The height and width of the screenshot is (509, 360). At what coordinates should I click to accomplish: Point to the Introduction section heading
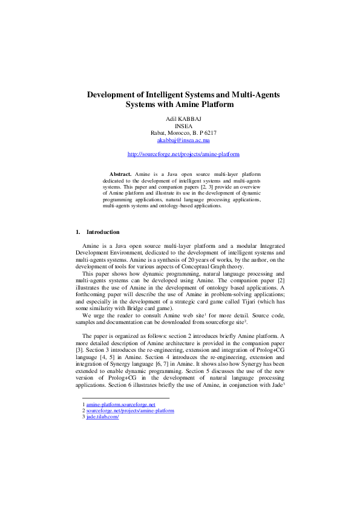(103, 232)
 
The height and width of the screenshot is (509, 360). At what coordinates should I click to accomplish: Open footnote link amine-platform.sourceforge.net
(121, 404)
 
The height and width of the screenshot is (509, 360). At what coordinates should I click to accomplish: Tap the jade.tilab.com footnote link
(102, 417)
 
